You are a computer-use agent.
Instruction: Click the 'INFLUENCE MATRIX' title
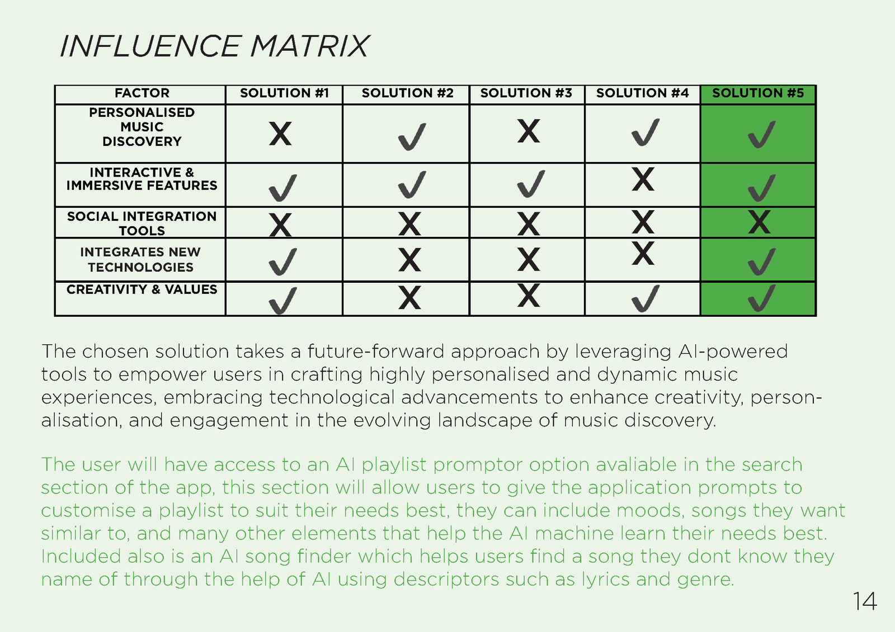point(215,46)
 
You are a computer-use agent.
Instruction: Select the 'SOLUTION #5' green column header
point(758,93)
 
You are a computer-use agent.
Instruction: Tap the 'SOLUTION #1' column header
point(284,93)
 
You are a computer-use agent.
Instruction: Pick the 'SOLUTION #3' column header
point(526,93)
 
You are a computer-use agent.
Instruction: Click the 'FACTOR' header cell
point(142,93)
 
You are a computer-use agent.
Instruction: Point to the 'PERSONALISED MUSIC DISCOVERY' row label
point(142,127)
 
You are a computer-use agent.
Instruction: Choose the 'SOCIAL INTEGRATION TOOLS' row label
point(142,224)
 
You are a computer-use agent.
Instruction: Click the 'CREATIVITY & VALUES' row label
point(142,289)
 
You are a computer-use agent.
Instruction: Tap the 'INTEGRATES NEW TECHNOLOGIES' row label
point(140,259)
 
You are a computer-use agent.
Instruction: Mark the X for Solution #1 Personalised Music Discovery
point(280,134)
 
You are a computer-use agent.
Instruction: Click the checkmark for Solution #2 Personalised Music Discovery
point(412,137)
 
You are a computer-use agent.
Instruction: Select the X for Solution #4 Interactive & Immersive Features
point(643,179)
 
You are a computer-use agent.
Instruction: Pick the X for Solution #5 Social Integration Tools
point(759,222)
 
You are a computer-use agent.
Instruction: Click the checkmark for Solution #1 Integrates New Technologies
point(283,262)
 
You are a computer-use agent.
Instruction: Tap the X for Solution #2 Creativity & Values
point(409,297)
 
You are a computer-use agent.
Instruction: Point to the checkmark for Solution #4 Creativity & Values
point(646,298)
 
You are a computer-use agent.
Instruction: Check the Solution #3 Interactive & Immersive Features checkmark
point(531,184)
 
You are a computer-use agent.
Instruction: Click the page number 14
point(865,601)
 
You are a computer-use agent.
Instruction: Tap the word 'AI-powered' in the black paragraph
point(733,352)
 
